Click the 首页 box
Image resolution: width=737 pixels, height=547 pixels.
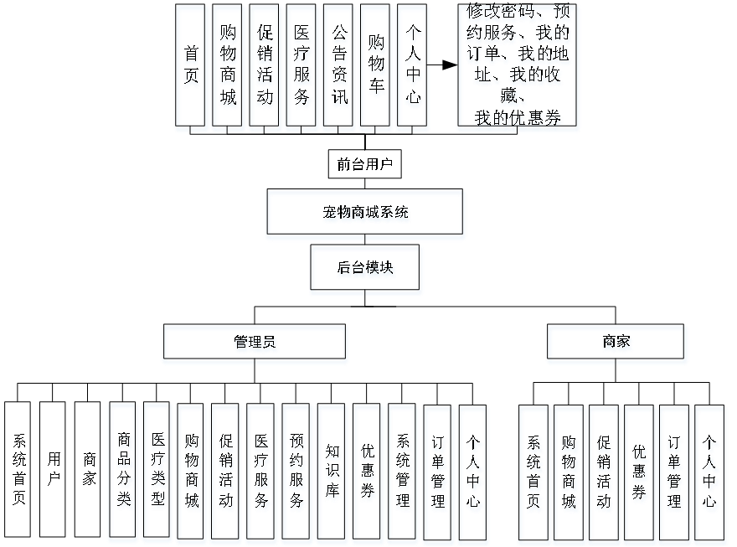192,68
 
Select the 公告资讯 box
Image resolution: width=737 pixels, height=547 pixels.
338,68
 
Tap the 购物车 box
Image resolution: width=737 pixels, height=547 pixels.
375,68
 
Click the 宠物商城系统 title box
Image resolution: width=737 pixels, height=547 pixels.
366,214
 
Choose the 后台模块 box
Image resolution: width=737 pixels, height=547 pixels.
366,270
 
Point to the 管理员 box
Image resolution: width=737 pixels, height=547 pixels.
255,343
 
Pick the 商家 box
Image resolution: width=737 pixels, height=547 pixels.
617,343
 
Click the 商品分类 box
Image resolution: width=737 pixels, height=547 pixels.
123,472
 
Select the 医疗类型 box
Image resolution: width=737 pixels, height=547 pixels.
157,472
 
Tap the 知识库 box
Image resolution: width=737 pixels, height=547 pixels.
332,472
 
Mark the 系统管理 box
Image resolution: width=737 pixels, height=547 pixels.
403,472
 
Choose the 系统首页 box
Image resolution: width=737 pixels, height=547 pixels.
533,472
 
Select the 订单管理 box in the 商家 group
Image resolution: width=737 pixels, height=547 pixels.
674,472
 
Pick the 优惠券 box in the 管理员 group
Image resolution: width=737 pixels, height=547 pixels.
368,472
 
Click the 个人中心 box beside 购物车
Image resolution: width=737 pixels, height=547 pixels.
413,68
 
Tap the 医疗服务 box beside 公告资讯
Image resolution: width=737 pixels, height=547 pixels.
302,68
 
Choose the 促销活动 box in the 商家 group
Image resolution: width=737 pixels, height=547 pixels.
604,472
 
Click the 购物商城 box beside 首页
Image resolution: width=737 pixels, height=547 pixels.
228,68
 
